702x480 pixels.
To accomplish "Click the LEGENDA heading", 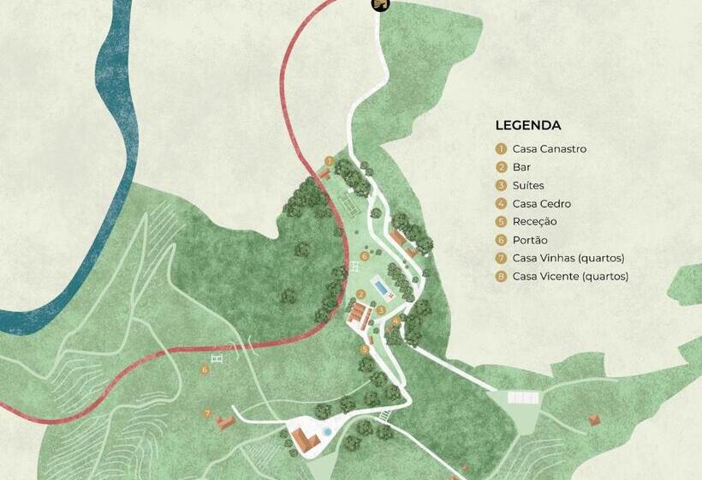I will coord(527,125).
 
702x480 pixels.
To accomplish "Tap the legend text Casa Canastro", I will coord(549,149).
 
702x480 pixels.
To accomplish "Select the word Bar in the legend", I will coord(521,167).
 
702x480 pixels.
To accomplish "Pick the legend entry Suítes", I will coord(527,185).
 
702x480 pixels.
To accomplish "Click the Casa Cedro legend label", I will coord(541,204).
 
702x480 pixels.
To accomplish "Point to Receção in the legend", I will coord(534,222).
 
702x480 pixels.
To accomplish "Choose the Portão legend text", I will coord(530,240).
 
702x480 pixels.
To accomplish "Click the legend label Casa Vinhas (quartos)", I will coord(568,258).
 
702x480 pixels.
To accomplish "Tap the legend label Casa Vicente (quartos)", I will coord(570,276).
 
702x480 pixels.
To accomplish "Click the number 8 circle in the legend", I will coord(502,276).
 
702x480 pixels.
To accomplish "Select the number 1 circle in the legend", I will coord(502,149).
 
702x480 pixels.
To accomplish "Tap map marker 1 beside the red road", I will coord(329,160).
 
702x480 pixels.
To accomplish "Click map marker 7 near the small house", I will coord(207,413).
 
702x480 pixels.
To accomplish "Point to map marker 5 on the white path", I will coord(365,349).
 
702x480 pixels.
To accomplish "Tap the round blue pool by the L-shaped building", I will coord(326,430).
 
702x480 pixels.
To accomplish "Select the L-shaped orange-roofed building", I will coord(303,440).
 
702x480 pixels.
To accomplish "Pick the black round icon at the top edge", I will coord(380,5).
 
